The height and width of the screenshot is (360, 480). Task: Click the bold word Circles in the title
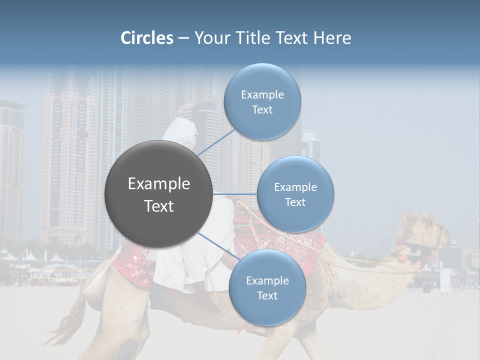(147, 38)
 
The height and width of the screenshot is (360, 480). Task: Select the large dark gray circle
(158, 194)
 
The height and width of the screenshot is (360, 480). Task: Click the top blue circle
(262, 101)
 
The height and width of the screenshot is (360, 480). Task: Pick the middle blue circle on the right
(295, 194)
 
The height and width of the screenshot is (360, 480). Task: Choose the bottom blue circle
(267, 288)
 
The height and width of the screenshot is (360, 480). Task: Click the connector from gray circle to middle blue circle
(234, 194)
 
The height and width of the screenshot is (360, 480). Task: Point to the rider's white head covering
(180, 132)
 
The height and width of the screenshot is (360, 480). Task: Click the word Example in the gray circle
(158, 184)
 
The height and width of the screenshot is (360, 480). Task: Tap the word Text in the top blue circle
(262, 110)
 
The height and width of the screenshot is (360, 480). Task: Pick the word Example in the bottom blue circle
(267, 280)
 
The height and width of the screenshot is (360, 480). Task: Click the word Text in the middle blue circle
(295, 202)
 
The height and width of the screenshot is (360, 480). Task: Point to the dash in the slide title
(183, 38)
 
